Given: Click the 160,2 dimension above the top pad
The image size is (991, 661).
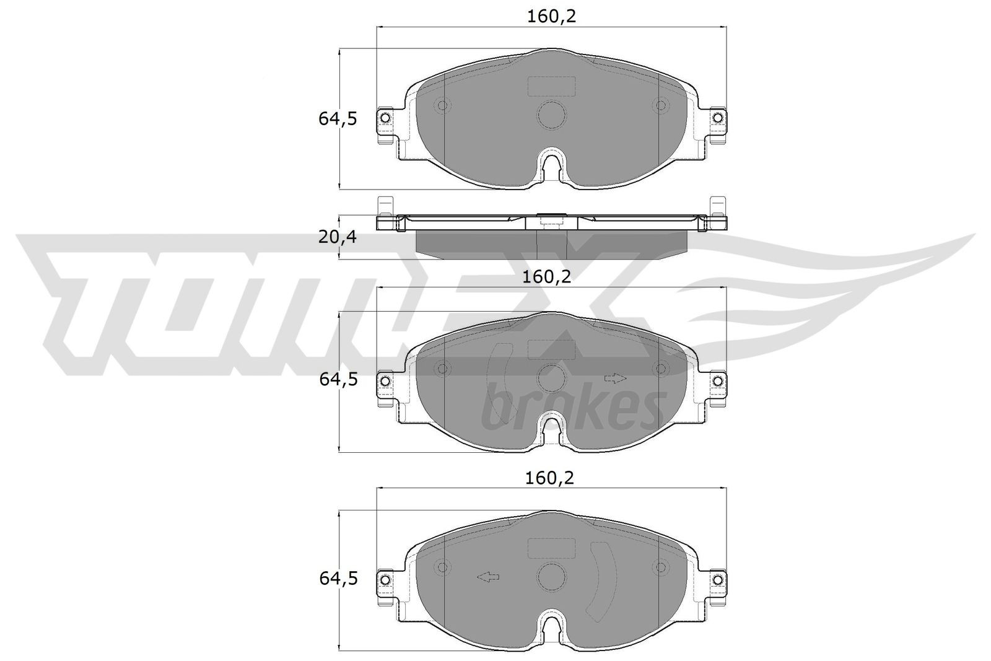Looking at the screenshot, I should click(551, 16).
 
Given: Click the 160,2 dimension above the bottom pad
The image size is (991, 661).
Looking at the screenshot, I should click(549, 478).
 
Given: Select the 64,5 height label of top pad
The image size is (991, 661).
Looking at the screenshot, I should click(338, 118).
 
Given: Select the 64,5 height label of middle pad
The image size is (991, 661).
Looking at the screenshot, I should click(338, 379).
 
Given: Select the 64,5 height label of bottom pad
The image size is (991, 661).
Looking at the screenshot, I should click(338, 579).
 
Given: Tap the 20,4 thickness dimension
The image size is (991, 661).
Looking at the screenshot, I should click(338, 237).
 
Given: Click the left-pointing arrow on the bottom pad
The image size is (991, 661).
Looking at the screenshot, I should click(488, 577).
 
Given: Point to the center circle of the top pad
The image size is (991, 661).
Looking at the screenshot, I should click(551, 115).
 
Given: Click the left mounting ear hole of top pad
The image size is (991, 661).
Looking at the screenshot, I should click(385, 118).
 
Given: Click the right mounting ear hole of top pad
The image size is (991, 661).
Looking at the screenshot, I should click(717, 118).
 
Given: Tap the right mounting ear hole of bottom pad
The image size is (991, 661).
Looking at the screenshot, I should click(717, 579).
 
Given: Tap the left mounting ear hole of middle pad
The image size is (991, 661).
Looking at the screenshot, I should click(385, 380).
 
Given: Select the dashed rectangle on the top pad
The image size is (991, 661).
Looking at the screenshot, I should click(551, 86).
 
